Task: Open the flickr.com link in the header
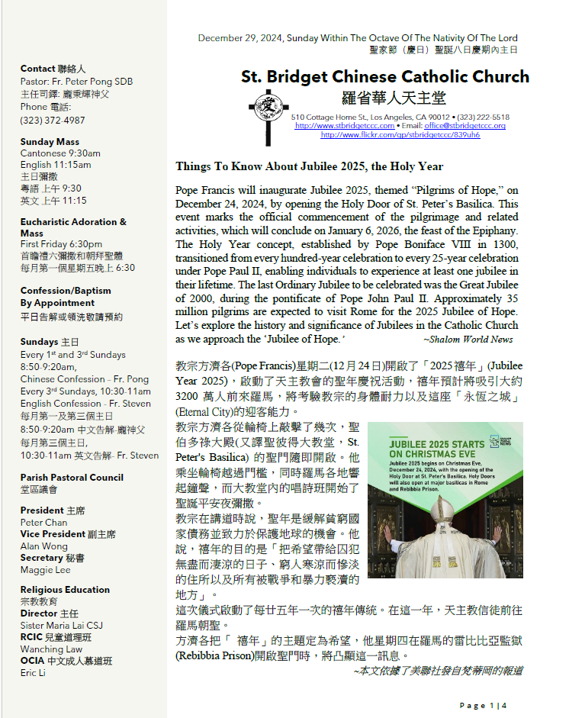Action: click(400, 134)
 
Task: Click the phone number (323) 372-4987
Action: click(53, 121)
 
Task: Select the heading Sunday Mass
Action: click(50, 142)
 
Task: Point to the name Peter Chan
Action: click(43, 523)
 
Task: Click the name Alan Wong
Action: click(43, 546)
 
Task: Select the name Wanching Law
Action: click(52, 649)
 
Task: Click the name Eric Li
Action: click(33, 672)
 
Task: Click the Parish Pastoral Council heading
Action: click(72, 478)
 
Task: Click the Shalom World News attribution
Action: click(468, 340)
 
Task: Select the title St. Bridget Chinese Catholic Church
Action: click(384, 77)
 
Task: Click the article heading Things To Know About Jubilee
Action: click(309, 166)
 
